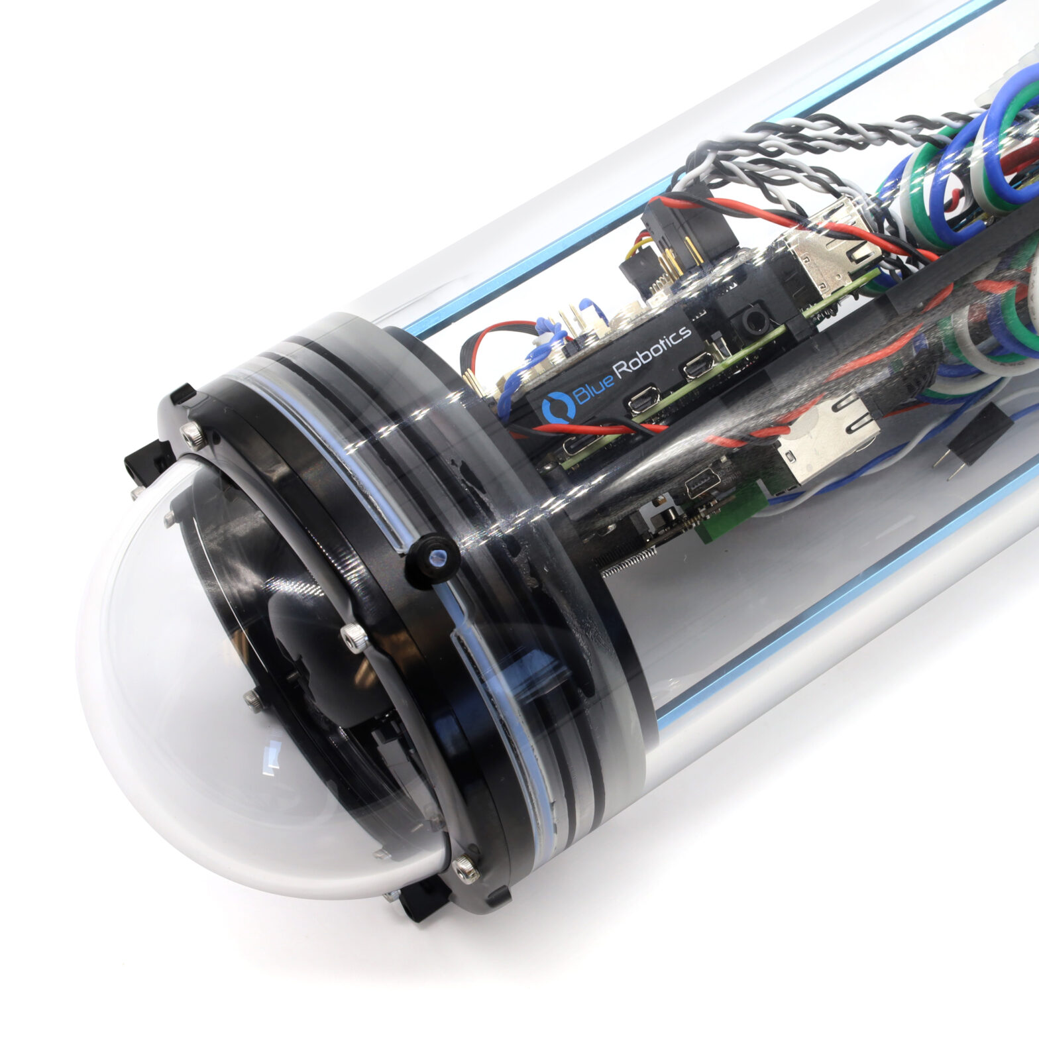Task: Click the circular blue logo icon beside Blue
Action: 554,406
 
